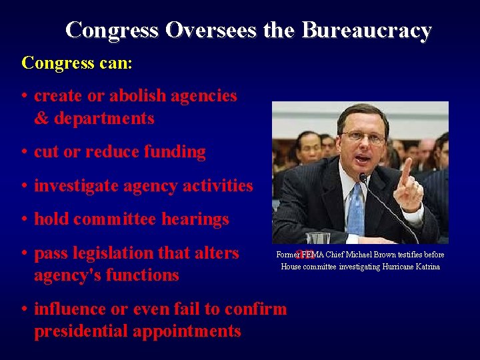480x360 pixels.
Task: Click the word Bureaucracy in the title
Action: [367, 30]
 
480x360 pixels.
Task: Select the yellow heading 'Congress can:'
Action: [77, 63]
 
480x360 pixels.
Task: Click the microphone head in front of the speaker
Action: [364, 179]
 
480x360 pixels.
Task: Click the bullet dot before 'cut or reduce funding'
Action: [24, 152]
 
